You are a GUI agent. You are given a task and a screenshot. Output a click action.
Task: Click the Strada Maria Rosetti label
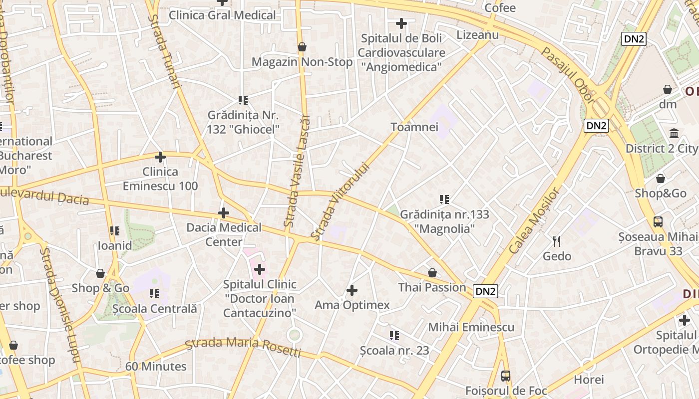tap(243, 347)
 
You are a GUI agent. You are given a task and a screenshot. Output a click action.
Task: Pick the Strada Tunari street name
tap(163, 51)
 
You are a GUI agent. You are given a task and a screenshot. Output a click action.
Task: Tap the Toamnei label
tap(414, 127)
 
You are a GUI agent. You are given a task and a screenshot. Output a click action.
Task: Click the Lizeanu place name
tap(477, 34)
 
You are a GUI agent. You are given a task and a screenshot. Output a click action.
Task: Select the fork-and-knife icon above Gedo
tap(557, 241)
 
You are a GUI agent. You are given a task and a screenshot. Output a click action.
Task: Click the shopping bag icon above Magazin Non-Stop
tap(302, 47)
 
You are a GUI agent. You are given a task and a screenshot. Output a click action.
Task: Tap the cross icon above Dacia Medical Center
tap(224, 213)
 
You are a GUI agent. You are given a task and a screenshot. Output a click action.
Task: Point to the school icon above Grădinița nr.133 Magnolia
tap(444, 200)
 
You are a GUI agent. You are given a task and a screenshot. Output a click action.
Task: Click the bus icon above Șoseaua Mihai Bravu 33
tap(658, 222)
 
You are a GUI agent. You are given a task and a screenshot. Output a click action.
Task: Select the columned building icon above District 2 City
tap(674, 134)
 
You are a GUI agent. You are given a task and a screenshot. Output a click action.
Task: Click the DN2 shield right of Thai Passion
tap(485, 292)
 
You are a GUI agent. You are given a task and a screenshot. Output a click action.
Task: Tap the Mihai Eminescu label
tap(471, 327)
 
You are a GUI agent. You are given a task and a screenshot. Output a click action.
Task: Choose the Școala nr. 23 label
tap(394, 351)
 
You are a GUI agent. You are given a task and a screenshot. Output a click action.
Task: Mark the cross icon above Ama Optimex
tap(352, 290)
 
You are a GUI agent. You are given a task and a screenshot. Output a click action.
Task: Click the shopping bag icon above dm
tap(668, 90)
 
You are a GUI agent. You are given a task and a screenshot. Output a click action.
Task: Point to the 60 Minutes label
tap(156, 367)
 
